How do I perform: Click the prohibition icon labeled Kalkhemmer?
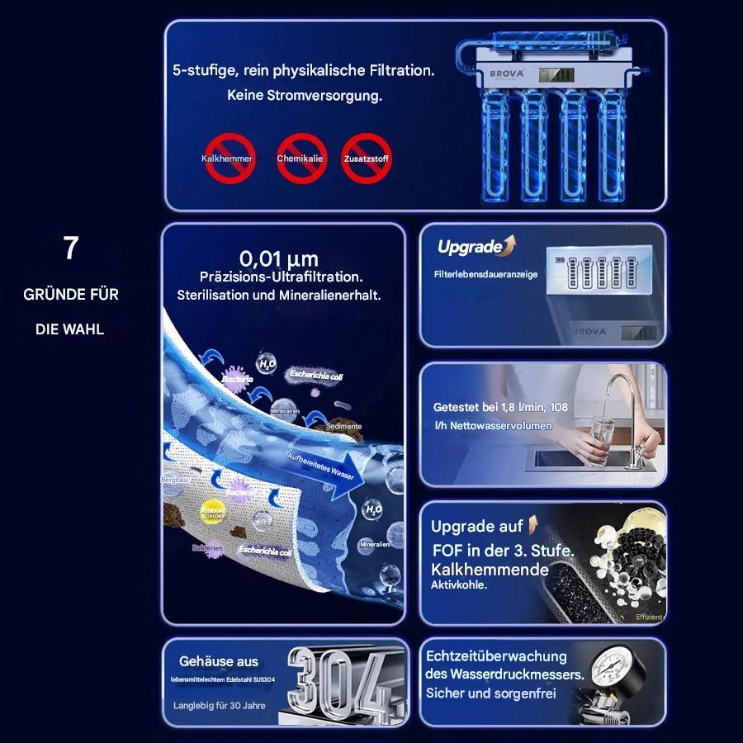(229, 159)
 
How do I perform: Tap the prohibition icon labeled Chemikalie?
(301, 159)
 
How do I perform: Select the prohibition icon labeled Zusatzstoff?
(366, 159)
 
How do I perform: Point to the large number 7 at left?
(71, 248)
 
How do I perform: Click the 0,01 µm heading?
(279, 258)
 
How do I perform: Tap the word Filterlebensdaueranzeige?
(485, 275)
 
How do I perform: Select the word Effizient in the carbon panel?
(648, 617)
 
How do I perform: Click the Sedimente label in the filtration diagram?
(343, 427)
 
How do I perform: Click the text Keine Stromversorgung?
(305, 96)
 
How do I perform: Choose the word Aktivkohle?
(459, 584)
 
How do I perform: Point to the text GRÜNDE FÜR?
(71, 295)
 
